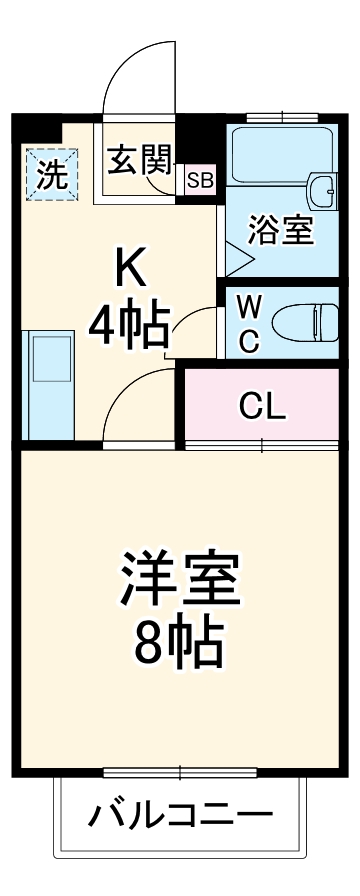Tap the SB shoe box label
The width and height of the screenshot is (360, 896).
click(x=200, y=181)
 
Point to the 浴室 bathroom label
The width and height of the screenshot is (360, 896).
click(x=281, y=231)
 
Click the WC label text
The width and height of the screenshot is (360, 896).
click(x=249, y=323)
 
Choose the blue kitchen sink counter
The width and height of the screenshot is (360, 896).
click(x=48, y=386)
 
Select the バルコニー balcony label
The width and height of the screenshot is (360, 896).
click(x=180, y=816)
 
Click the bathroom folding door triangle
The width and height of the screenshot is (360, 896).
click(x=236, y=260)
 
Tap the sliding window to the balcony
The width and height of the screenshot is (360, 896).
click(x=180, y=772)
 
